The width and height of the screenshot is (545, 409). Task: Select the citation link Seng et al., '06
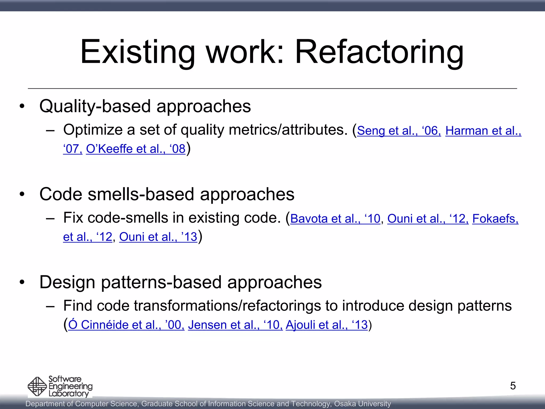pyautogui.click(x=399, y=131)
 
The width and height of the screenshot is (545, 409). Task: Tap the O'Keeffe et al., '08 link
pyautogui.click(x=135, y=149)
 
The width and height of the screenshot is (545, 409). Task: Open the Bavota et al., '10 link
pyautogui.click(x=335, y=219)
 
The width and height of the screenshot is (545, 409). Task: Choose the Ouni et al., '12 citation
pyautogui.click(x=428, y=219)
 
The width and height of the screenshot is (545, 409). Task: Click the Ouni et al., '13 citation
pyautogui.click(x=158, y=237)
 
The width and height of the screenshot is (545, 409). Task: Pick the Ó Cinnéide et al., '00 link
pyautogui.click(x=126, y=325)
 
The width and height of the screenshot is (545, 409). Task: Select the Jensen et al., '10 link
pyautogui.click(x=235, y=325)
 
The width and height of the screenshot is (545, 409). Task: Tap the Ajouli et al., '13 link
pyautogui.click(x=327, y=325)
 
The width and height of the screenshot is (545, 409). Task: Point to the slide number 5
pyautogui.click(x=513, y=386)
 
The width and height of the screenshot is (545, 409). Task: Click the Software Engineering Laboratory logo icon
pyautogui.click(x=37, y=386)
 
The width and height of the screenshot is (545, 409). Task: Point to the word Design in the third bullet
pyautogui.click(x=67, y=282)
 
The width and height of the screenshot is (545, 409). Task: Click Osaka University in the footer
pyautogui.click(x=362, y=404)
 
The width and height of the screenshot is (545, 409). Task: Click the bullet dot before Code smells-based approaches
pyautogui.click(x=22, y=194)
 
